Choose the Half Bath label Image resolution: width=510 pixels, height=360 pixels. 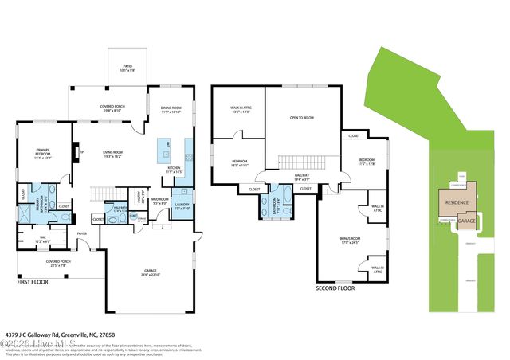point(120,210)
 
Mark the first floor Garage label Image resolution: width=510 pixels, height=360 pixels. point(151,272)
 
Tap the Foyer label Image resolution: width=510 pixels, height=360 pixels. point(81,233)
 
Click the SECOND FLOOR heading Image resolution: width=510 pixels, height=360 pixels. point(335,288)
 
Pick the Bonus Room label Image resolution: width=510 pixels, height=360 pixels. point(351,240)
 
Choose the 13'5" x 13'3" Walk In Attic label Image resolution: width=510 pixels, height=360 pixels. point(241,109)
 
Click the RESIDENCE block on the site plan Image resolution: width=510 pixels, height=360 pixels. point(456,202)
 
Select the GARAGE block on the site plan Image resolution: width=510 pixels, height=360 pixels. point(467,221)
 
